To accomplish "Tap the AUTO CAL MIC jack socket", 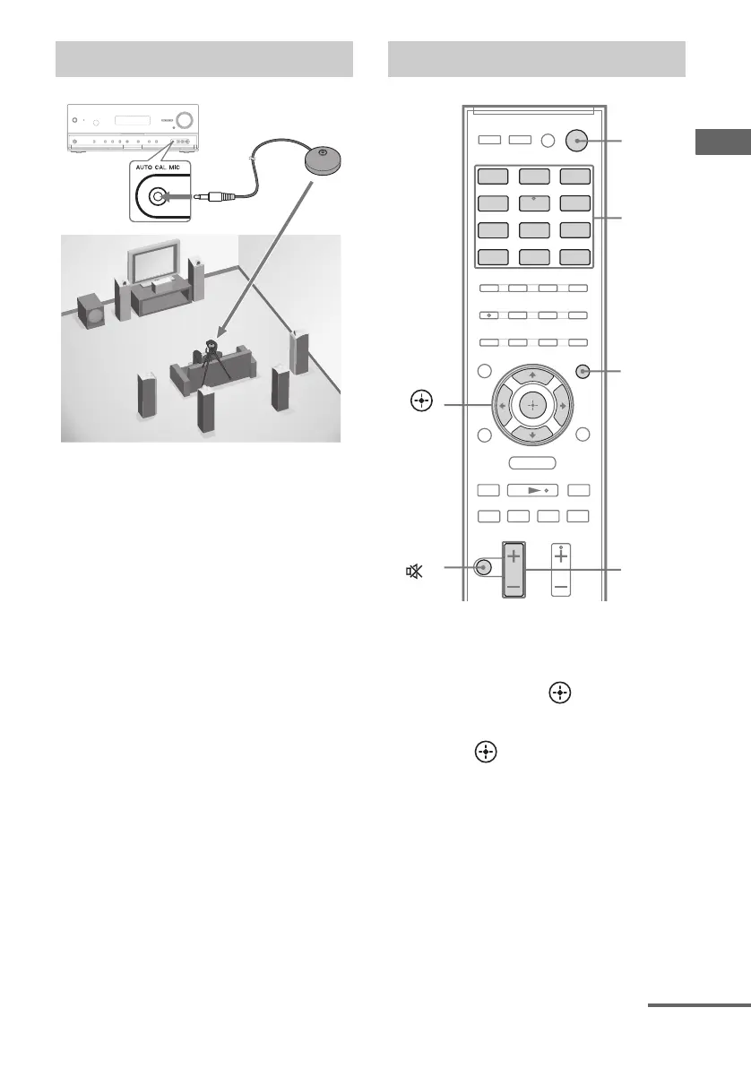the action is pos(158,196).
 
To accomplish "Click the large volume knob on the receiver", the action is pos(186,120).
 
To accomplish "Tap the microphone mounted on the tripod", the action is pos(212,344).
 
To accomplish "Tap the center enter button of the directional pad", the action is pos(531,406).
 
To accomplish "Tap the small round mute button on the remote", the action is pos(484,567).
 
